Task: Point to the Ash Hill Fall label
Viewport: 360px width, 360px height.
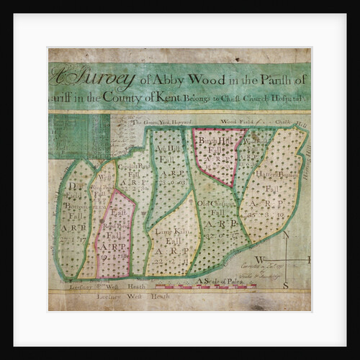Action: (168, 152)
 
